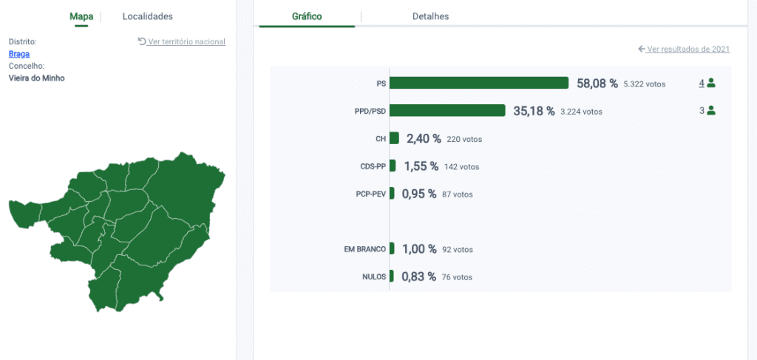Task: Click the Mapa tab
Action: point(81,16)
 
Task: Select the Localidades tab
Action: point(147,16)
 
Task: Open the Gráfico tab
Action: point(307,16)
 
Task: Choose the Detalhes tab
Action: point(431,16)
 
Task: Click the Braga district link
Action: point(19,54)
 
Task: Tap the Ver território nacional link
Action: point(182,41)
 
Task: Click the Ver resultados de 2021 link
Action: point(684,49)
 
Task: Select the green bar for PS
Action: point(479,83)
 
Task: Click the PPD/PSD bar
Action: point(447,110)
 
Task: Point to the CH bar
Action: point(394,138)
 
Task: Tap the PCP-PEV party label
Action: point(371,194)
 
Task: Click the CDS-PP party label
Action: point(373,167)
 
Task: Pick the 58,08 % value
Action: point(597,84)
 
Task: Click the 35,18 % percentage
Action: point(534,111)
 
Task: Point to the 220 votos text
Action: point(464,140)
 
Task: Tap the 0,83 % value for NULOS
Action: point(418,277)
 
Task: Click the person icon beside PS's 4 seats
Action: point(710,83)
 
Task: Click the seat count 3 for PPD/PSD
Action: point(702,110)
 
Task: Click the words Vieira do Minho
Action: point(37,78)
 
